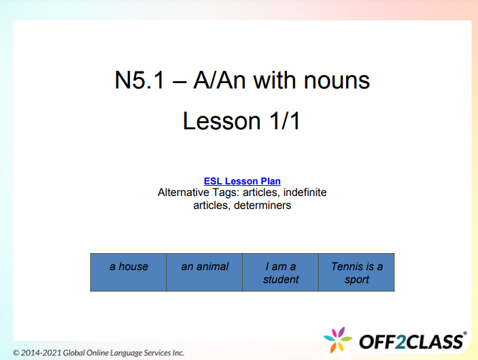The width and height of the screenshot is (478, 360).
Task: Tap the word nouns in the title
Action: [x=338, y=80]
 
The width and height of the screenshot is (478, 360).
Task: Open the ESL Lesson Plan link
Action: [x=242, y=181]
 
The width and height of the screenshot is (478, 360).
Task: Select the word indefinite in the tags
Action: [x=303, y=193]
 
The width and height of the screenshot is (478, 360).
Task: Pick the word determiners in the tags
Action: [x=262, y=205]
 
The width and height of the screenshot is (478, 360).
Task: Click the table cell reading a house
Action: [x=129, y=272]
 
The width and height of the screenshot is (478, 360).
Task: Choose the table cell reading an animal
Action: [x=205, y=272]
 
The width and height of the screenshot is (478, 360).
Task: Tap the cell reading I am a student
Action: [x=281, y=272]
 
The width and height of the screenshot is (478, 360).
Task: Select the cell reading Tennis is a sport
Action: [x=356, y=272]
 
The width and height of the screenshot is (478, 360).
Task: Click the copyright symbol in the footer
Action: [x=16, y=353]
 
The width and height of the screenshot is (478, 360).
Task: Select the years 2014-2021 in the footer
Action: [x=42, y=353]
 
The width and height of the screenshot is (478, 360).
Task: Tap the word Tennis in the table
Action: [x=346, y=266]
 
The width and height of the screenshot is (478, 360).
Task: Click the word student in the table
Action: [x=281, y=279]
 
